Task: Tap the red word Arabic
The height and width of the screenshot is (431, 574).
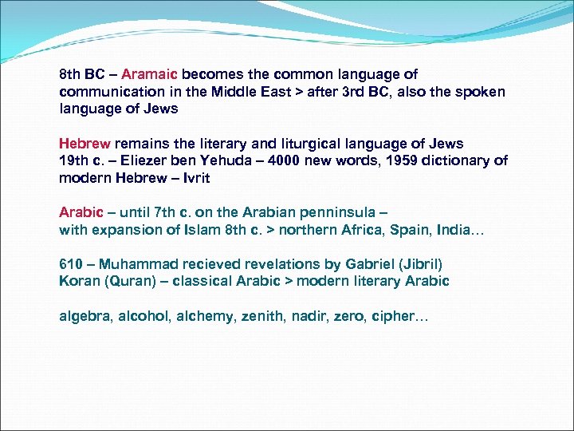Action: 81,212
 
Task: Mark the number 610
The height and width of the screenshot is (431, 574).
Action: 70,263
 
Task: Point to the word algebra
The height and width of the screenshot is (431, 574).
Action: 85,317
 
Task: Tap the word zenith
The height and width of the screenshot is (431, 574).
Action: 259,317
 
